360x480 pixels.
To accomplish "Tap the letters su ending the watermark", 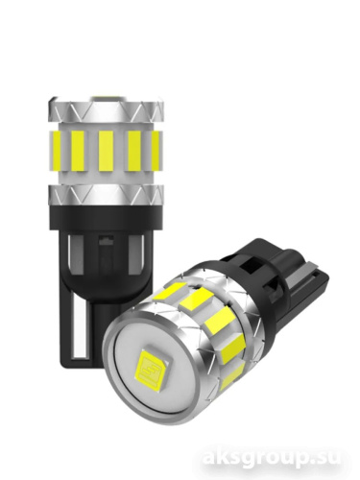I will [x=329, y=460].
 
